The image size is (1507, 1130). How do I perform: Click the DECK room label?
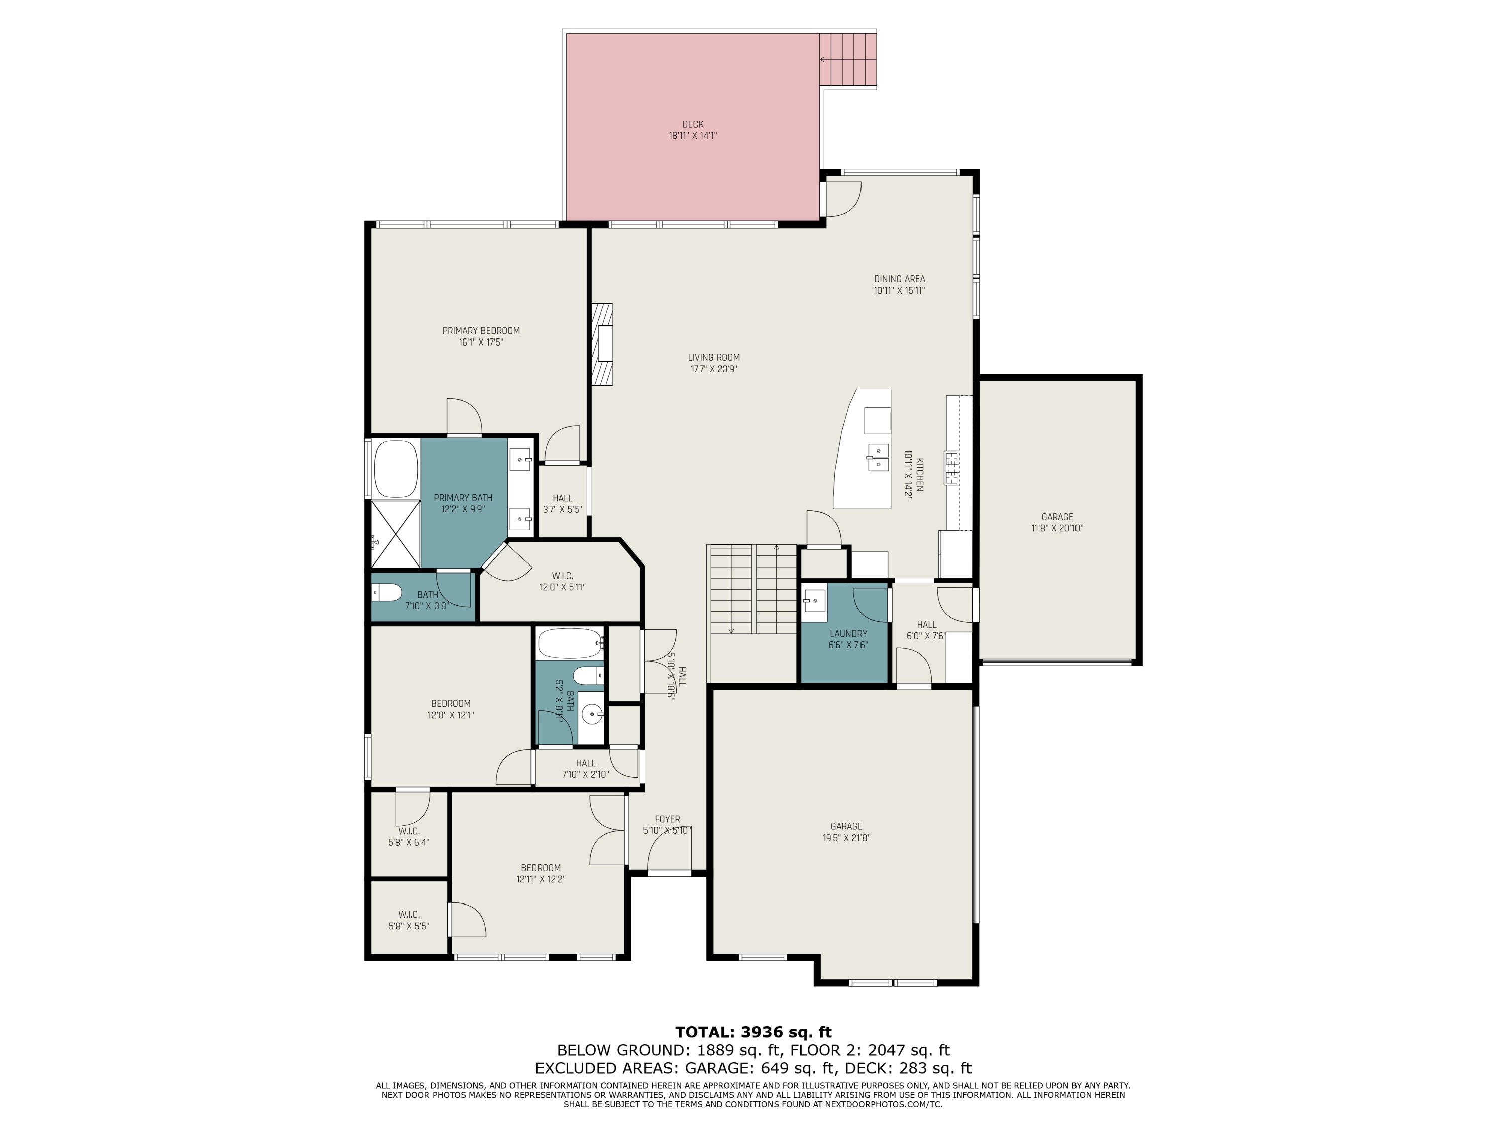tap(692, 124)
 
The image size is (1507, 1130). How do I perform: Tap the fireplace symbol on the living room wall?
tap(602, 344)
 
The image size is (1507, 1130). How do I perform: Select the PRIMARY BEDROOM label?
tap(481, 331)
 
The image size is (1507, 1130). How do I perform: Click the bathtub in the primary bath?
tap(396, 469)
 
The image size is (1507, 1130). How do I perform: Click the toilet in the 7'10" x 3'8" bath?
tap(387, 593)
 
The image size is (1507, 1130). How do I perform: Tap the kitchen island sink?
tap(878, 457)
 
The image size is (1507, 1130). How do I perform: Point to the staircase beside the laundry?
tap(753, 589)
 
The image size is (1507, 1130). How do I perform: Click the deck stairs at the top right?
tap(848, 60)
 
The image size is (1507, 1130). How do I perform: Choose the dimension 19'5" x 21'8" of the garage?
tap(846, 838)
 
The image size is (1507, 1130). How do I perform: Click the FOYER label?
tap(667, 819)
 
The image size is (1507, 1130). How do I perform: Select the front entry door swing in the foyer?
tap(668, 853)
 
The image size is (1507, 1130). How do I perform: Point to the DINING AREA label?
tap(899, 279)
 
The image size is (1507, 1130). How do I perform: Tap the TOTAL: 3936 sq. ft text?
tap(753, 1032)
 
